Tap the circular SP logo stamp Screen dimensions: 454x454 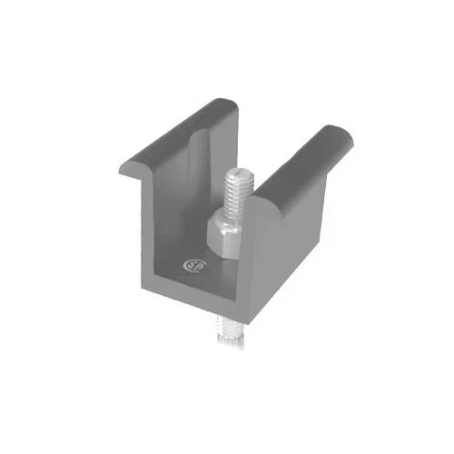click(192, 267)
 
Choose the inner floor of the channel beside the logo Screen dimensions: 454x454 click(204, 272)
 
